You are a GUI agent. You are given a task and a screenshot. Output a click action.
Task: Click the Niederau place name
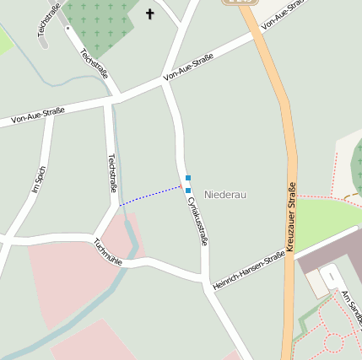coord(224,195)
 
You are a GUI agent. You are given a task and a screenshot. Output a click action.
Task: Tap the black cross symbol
coord(151,13)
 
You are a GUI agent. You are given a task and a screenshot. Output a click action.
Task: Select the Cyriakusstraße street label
coord(197,218)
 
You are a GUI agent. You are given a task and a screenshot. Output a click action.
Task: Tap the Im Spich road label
coord(39,180)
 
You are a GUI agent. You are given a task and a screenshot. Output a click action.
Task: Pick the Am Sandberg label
coord(351,309)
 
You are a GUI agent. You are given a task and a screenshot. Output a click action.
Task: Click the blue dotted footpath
coord(149,196)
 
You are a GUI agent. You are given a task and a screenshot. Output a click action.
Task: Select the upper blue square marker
coord(187,178)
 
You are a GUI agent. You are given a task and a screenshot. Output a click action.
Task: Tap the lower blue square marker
coord(187,191)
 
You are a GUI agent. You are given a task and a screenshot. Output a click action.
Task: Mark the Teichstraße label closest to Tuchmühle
coord(112,172)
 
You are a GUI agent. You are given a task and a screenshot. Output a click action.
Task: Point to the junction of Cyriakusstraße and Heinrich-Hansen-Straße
coord(205,281)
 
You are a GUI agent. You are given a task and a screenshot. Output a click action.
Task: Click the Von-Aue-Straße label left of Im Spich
coord(38,116)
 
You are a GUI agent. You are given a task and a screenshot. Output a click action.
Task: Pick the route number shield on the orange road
coord(235,3)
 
